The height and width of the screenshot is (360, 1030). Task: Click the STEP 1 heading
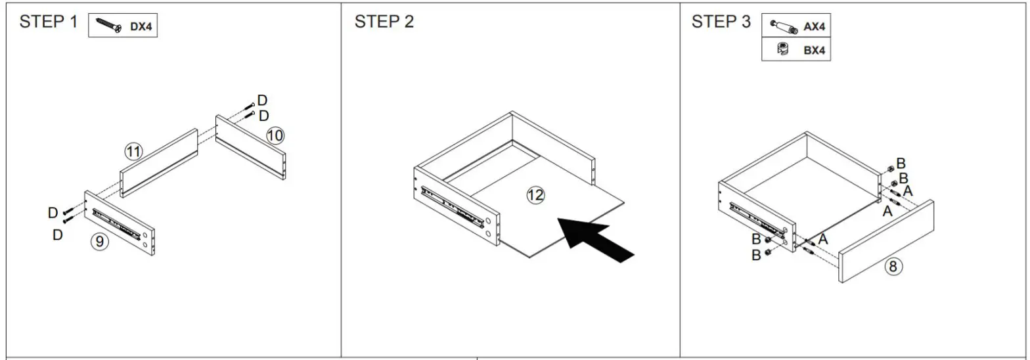point(48,22)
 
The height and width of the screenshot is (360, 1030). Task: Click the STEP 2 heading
point(384,22)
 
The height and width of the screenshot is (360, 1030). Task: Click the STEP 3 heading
point(721,22)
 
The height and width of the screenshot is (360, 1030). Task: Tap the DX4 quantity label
point(141,27)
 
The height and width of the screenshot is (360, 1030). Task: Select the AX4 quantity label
point(814,27)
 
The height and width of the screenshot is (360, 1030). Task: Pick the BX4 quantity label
point(814,50)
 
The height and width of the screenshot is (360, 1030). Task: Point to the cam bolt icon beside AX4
point(783,27)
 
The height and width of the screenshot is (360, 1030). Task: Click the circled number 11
point(133,152)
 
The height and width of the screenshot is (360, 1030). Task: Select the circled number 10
point(275,136)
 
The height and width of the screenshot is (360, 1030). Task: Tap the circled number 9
point(99,242)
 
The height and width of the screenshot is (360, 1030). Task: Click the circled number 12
point(536,194)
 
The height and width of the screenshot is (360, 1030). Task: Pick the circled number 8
point(892,266)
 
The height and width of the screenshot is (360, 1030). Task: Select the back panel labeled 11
point(159,164)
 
